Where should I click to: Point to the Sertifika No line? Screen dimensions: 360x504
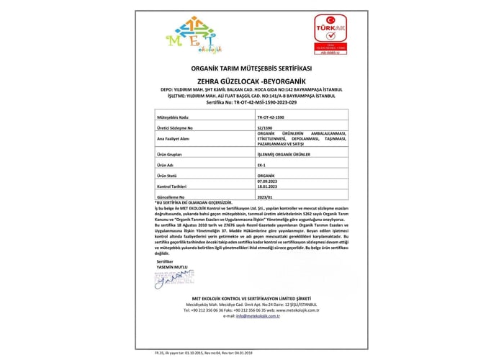pos(251,103)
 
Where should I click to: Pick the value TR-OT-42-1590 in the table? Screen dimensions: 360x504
pos(271,116)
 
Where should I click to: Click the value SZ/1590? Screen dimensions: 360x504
pos(264,127)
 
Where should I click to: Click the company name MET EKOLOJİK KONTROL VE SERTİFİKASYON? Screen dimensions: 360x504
pos(251,298)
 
